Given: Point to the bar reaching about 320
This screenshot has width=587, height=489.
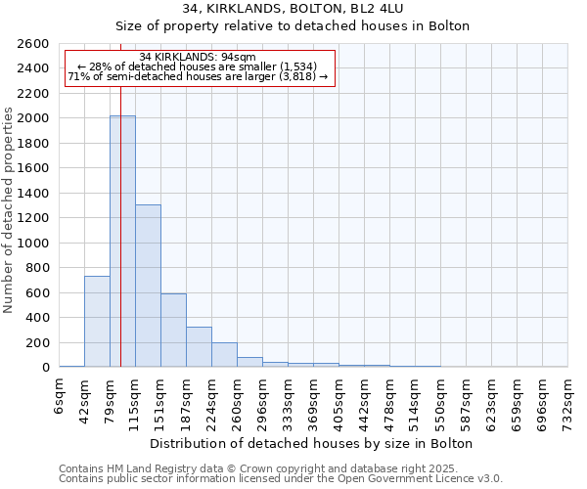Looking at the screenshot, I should tap(199, 347).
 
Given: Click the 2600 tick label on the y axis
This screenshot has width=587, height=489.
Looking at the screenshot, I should tap(33, 44).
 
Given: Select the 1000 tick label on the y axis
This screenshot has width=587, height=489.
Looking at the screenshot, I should tap(33, 243).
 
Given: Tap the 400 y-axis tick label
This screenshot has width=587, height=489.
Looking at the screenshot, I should tap(37, 318).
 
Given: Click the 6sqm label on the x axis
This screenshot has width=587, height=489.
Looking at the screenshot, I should tap(60, 396).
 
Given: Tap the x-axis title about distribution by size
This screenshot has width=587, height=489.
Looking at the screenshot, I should tap(313, 443).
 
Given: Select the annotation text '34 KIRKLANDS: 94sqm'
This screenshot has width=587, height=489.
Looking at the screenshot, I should tap(198, 57).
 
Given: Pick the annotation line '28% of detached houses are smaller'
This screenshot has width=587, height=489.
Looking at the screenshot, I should tap(198, 67).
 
